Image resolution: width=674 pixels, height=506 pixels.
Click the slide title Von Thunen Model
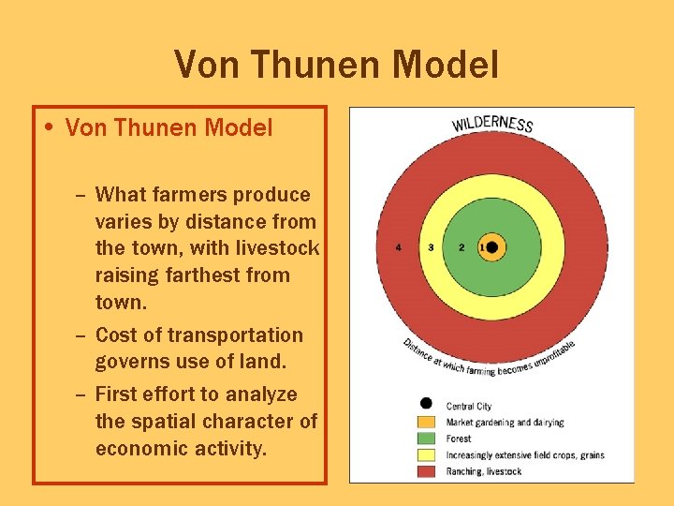336,65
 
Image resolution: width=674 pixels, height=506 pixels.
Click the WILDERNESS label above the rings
492,123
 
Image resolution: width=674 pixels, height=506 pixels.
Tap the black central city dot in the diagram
492,247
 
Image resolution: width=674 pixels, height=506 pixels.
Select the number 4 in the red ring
399,247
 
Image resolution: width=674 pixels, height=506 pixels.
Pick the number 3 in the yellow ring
431,247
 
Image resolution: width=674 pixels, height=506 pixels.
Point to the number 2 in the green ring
462,247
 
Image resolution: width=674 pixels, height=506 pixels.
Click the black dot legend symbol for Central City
426,404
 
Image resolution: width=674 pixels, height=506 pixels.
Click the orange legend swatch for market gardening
426,422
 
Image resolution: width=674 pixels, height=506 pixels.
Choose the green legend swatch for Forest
426,438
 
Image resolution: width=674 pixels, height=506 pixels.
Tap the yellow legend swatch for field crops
426,454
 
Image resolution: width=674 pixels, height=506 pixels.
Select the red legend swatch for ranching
426,470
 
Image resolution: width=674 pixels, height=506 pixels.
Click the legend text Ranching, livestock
484,471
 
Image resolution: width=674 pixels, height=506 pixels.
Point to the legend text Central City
469,406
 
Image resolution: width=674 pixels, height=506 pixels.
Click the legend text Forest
459,439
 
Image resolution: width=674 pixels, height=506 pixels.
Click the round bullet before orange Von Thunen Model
53,127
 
